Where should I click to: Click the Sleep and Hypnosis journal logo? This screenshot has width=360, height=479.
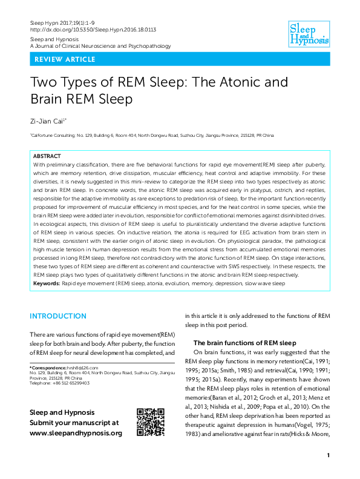pos(309,34)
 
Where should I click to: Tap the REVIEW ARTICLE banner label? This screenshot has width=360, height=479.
pos(65,59)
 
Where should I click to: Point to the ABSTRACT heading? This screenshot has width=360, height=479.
pos(47,156)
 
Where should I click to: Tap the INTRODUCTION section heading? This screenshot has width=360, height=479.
pos(58,316)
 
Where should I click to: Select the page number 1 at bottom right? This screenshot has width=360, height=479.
pos(327,455)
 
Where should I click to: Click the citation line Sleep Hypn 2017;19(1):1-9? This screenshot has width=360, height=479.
pos(64,22)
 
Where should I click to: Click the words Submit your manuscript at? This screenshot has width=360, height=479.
pos(74,423)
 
